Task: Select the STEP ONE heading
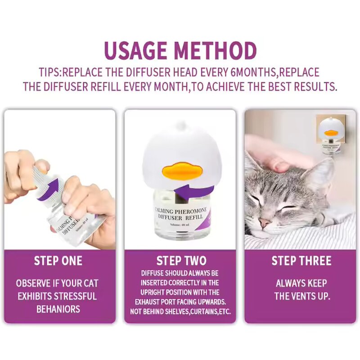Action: (58, 261)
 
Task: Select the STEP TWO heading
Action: (181, 261)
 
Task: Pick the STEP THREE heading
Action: (301, 261)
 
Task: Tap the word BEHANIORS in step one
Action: (58, 309)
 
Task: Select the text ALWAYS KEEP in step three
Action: (301, 283)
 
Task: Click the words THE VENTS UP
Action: (301, 296)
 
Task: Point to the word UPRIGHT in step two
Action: (152, 292)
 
